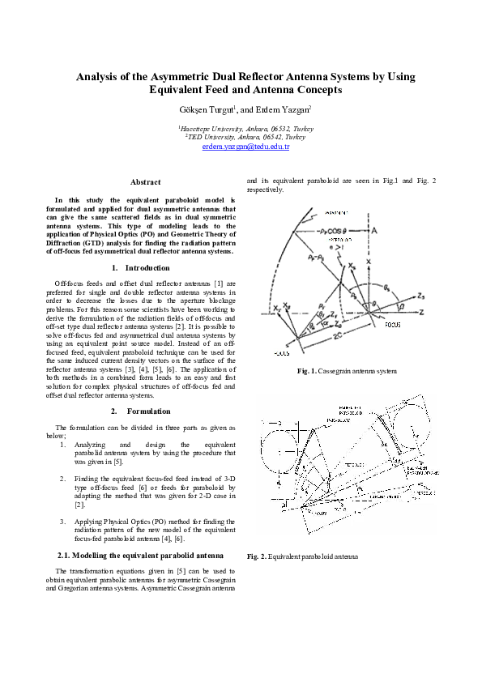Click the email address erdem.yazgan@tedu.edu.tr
pyautogui.click(x=245, y=147)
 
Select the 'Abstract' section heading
pyautogui.click(x=145, y=182)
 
